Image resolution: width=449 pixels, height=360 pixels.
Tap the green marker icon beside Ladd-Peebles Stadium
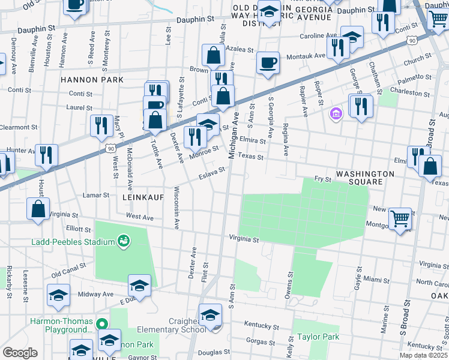point(124,241)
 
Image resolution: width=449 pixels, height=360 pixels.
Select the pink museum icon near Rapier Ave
point(336,113)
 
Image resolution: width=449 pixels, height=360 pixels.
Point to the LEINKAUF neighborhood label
point(143,197)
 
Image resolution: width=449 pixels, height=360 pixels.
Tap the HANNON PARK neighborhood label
point(92,80)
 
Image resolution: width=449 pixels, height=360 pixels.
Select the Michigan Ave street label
point(234,135)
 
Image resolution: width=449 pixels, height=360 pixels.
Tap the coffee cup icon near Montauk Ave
point(268,62)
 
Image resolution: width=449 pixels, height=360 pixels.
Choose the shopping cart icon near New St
point(400,218)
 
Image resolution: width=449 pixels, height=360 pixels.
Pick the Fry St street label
point(323,179)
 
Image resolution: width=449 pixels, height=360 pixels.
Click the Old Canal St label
point(69,270)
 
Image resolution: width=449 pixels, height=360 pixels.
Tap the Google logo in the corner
point(20,352)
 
